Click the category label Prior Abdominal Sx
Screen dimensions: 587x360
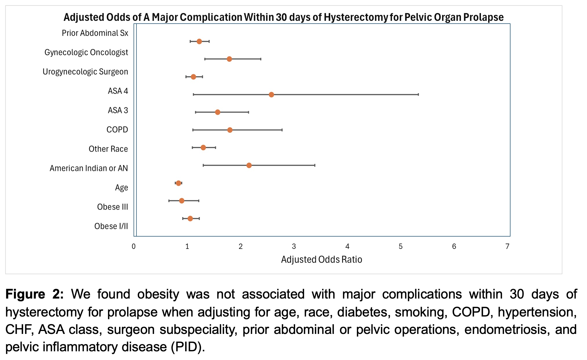coord(95,33)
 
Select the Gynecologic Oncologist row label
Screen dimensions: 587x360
coord(86,52)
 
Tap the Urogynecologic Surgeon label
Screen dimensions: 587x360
coord(85,72)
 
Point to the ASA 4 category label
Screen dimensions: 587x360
coord(118,91)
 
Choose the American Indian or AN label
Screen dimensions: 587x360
coord(89,168)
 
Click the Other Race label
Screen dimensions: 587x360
coord(108,149)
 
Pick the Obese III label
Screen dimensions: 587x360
coord(112,207)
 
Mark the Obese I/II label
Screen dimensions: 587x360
coord(111,226)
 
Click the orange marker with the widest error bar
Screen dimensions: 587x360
coord(271,94)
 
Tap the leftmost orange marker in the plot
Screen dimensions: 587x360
coord(178,183)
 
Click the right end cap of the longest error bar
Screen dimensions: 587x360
coord(418,94)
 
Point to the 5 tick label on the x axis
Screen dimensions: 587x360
coord(401,246)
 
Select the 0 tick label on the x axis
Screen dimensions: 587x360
coord(134,246)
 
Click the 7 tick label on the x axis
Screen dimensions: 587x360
coord(507,246)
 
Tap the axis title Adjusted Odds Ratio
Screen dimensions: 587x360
coord(322,259)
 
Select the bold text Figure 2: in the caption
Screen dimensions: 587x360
coord(34,294)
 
